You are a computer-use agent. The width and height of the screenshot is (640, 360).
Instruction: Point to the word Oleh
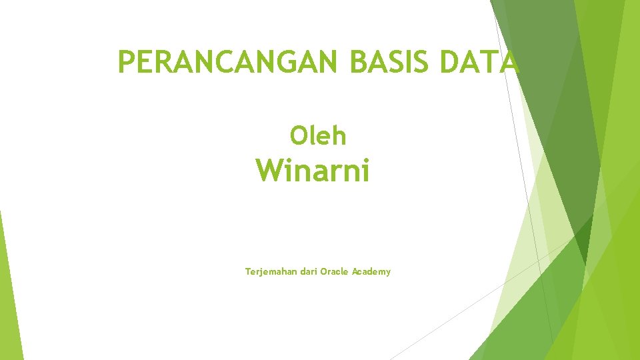tap(318, 136)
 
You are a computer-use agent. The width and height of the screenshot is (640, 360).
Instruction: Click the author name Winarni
tap(313, 171)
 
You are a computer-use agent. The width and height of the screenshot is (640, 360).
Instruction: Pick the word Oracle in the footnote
tap(334, 271)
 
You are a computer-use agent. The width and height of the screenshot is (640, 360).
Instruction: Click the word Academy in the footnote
tap(371, 272)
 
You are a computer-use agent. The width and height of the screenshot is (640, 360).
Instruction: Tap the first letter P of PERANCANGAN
tap(125, 63)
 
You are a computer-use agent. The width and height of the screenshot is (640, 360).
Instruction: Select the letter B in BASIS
tap(357, 63)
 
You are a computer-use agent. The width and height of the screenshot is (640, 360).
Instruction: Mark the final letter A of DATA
tap(509, 63)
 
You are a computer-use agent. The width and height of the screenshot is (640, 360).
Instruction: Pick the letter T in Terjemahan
tap(248, 271)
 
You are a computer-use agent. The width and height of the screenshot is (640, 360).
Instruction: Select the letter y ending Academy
tap(388, 273)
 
